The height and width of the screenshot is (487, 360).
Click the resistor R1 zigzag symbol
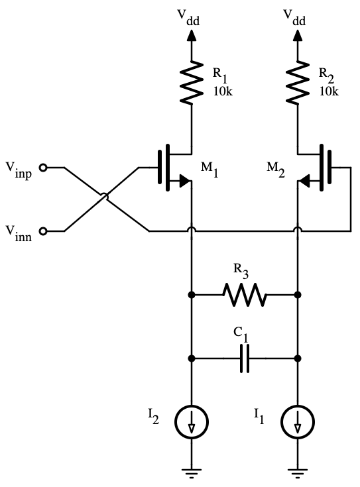click(192, 82)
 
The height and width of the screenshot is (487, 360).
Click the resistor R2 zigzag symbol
click(298, 82)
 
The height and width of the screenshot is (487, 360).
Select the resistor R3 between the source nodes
click(245, 294)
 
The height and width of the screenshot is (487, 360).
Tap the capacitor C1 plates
click(245, 358)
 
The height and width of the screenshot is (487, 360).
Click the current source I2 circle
click(192, 422)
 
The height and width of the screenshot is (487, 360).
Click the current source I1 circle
click(298, 422)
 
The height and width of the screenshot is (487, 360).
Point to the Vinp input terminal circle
click(43, 168)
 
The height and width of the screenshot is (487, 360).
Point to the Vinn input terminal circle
click(43, 231)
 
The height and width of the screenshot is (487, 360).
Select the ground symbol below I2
click(192, 473)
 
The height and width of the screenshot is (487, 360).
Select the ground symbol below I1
click(298, 473)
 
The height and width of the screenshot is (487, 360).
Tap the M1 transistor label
click(210, 169)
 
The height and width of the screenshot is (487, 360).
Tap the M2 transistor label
click(276, 169)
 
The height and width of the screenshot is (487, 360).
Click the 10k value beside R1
click(223, 91)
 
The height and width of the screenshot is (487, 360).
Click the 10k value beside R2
click(330, 91)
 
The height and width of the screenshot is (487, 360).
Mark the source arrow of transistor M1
click(185, 180)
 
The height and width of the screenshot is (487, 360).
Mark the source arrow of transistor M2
click(304, 180)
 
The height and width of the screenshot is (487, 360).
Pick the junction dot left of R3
click(192, 294)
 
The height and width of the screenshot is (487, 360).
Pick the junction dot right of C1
click(298, 358)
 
